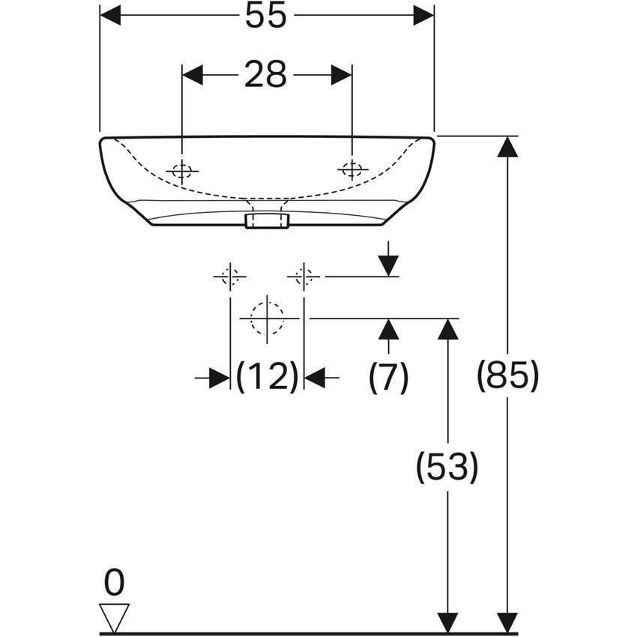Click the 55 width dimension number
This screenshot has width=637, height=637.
[266, 16]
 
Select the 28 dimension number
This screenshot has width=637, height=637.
[266, 75]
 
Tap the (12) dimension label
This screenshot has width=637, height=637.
[267, 377]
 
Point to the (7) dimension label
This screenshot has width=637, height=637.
[388, 377]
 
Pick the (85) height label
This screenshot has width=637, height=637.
[508, 377]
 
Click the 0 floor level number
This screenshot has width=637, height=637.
[115, 582]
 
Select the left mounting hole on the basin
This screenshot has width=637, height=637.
[181, 171]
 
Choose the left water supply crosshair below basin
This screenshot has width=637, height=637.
[229, 277]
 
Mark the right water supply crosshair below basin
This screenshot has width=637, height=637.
[304, 277]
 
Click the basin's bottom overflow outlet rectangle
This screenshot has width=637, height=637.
[266, 220]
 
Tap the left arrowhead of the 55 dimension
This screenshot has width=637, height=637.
[110, 15]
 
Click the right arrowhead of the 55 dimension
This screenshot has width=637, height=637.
[423, 15]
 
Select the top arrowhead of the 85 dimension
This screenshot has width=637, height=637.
[508, 147]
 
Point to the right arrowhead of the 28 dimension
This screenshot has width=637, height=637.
[342, 75]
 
